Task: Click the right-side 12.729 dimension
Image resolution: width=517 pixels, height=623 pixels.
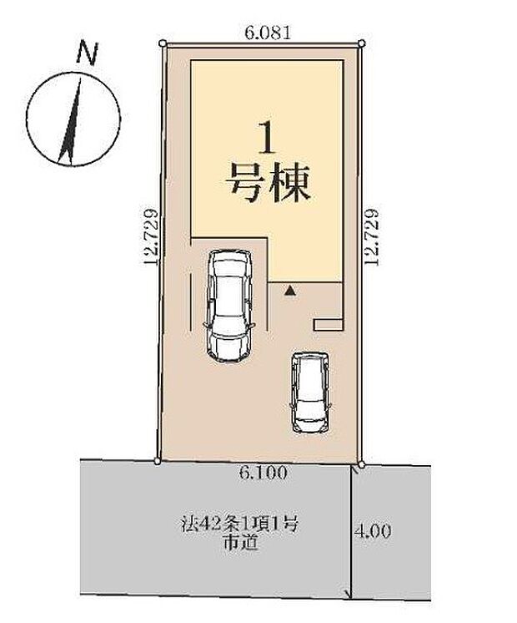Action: tap(374, 236)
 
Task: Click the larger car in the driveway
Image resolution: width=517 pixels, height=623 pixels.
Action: tap(228, 305)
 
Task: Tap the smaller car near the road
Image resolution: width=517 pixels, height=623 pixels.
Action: tap(309, 392)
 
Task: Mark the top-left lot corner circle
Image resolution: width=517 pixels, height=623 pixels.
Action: tap(163, 42)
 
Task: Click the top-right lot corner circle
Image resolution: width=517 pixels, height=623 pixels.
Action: tap(361, 42)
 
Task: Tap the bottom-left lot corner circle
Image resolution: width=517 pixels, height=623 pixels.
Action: tap(158, 459)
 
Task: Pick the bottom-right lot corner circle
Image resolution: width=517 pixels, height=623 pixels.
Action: tap(362, 463)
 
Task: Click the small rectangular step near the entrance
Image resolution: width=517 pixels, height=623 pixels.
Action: tap(327, 323)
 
